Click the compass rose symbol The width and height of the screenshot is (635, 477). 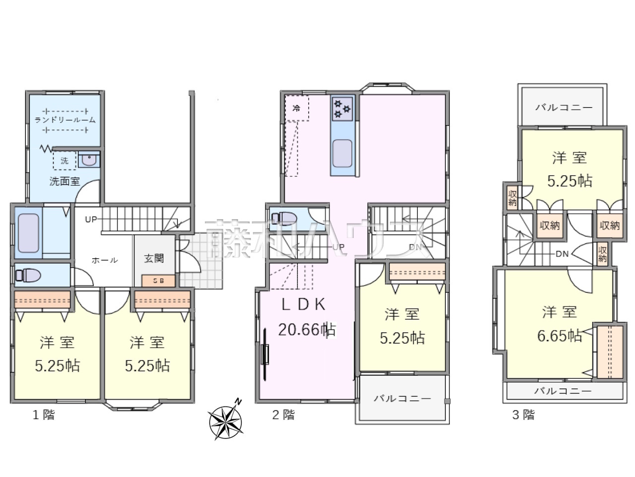226,422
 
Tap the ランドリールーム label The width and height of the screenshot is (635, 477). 65,120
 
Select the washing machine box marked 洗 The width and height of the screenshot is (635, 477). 64,160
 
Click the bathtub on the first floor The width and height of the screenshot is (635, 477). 28,233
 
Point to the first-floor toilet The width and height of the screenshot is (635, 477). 28,275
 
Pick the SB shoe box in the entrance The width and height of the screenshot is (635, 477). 158,281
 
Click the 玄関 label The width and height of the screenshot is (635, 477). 154,258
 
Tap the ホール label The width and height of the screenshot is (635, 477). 105,260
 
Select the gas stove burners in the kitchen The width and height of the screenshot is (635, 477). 342,109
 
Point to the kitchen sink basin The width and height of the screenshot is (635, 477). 342,154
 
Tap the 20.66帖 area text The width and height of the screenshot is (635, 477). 307,329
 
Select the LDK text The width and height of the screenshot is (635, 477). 304,305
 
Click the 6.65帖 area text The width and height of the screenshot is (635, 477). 560,336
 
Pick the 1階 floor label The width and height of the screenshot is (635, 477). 43,415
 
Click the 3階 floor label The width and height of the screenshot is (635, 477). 523,415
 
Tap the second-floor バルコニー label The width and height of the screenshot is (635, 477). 402,399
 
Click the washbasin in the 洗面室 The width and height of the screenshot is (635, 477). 89,159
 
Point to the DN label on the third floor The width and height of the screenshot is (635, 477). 562,254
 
